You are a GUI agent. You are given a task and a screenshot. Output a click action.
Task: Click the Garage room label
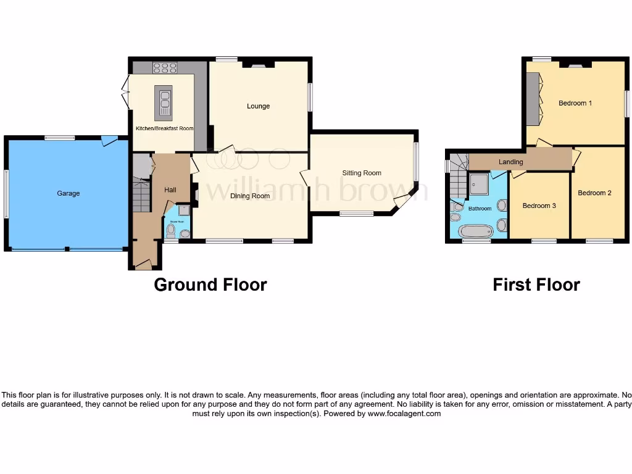pyautogui.click(x=69, y=193)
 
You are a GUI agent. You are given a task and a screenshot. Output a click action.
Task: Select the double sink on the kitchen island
pyautogui.click(x=165, y=99)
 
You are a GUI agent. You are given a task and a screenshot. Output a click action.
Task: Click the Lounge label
pyautogui.click(x=258, y=106)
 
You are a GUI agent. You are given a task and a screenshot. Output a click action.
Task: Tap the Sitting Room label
pyautogui.click(x=362, y=173)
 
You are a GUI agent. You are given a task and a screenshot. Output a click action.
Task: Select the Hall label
pyautogui.click(x=170, y=190)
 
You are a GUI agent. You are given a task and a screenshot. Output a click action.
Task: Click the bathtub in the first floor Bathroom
pyautogui.click(x=476, y=232)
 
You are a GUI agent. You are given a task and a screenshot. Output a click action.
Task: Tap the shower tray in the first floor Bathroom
pyautogui.click(x=479, y=183)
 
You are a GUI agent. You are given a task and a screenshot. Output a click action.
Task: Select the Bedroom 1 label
pyautogui.click(x=575, y=103)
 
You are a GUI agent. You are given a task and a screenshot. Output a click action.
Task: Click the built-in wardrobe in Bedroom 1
pyautogui.click(x=533, y=99)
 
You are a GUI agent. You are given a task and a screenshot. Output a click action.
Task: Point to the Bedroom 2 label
pyautogui.click(x=594, y=193)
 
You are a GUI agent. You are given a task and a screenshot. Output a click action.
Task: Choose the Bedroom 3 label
pyautogui.click(x=539, y=206)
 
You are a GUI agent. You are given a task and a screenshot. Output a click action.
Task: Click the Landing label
pyautogui.click(x=510, y=162)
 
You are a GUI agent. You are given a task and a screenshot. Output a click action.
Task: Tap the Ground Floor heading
pyautogui.click(x=210, y=285)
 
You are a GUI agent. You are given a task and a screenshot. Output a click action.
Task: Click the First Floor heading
pyautogui.click(x=536, y=285)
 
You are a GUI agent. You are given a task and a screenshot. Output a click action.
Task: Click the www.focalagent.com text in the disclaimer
pyautogui.click(x=404, y=414)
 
